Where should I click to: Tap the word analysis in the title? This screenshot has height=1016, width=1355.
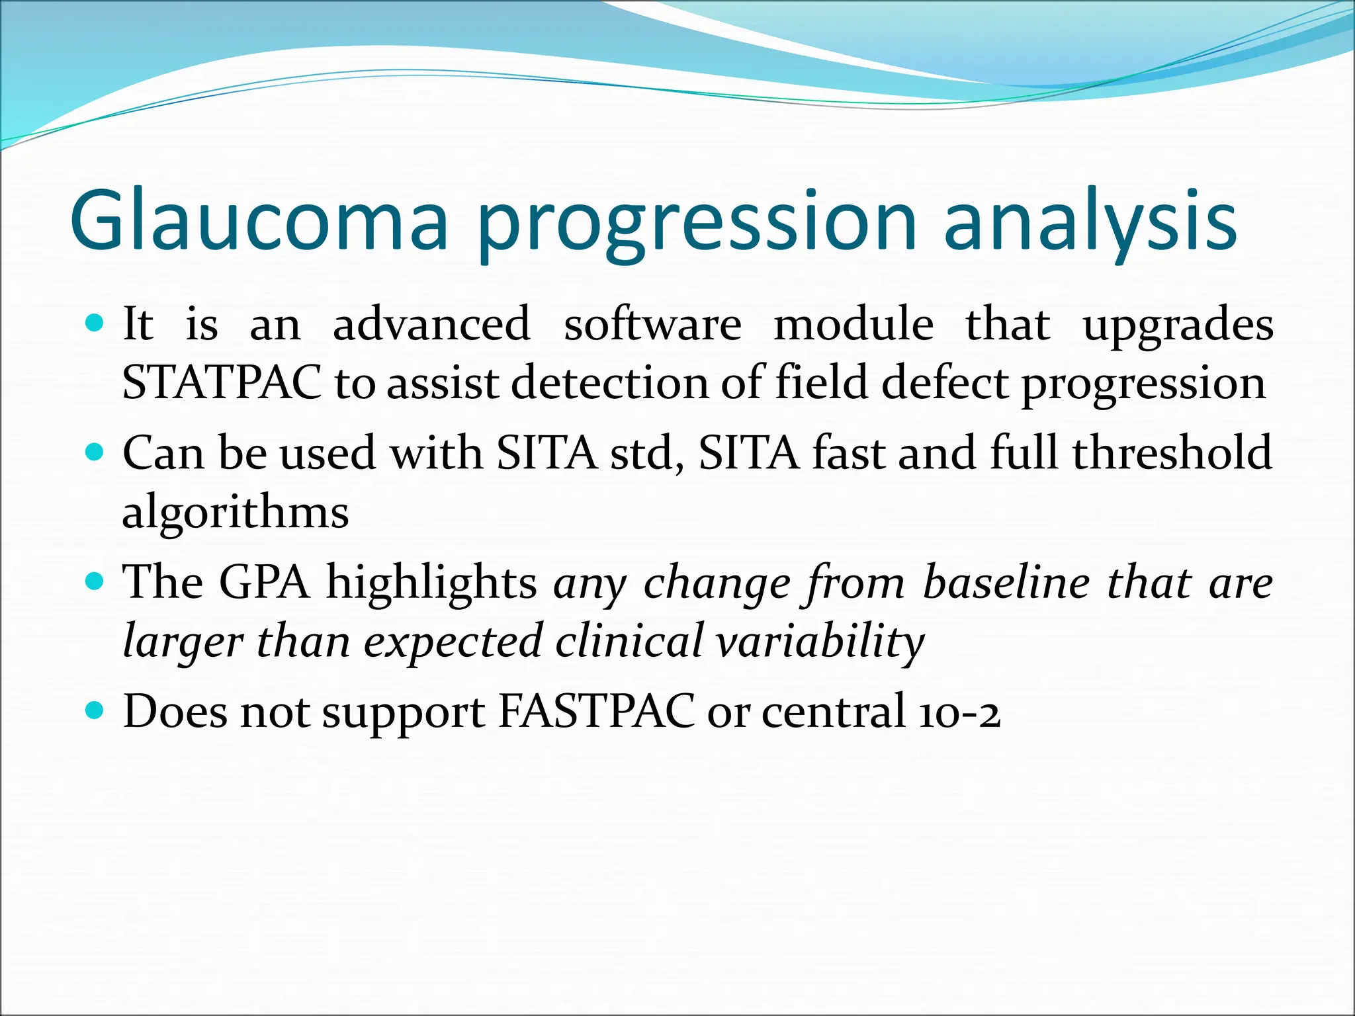point(1090,221)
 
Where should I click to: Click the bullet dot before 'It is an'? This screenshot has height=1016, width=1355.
point(96,323)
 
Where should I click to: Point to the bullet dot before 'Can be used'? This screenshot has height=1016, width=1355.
point(96,452)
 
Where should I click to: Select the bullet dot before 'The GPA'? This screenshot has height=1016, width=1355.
point(96,581)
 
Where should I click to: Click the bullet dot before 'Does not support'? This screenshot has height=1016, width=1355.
point(96,711)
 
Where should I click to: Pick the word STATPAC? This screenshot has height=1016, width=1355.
point(222,383)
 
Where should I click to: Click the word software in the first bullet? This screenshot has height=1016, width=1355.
point(652,325)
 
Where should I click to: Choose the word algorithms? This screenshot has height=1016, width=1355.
point(236,513)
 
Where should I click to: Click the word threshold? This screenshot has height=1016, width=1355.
point(1172,453)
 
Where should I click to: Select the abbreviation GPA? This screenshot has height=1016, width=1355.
point(264,583)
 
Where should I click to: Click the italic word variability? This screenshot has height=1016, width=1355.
point(820,642)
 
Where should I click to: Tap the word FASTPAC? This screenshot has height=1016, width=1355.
point(595,712)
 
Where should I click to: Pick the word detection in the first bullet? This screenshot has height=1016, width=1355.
point(609,383)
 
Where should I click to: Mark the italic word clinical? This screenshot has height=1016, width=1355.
point(628,642)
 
